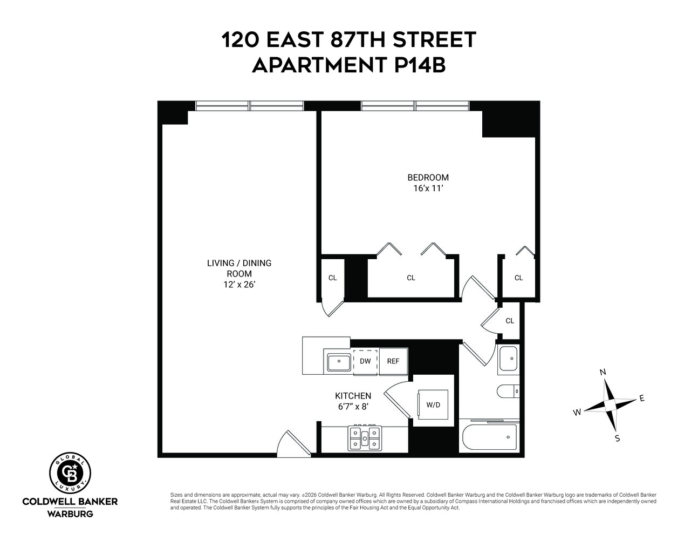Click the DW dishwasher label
click(x=365, y=361)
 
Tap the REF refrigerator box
click(x=393, y=361)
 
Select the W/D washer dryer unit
click(x=433, y=404)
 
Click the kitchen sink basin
click(x=339, y=362)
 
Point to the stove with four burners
click(x=365, y=438)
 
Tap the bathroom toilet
click(x=508, y=391)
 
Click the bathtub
click(x=490, y=437)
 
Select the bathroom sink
click(x=508, y=359)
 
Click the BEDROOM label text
click(x=428, y=178)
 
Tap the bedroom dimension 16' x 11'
click(x=428, y=188)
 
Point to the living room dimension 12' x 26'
click(x=239, y=285)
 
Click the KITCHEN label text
click(x=353, y=396)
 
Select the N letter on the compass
click(x=603, y=372)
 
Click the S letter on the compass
click(x=618, y=438)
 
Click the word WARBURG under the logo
click(x=70, y=514)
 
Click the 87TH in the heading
click(x=358, y=39)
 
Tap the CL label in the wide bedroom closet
click(x=411, y=278)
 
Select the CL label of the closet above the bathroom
click(x=510, y=321)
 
